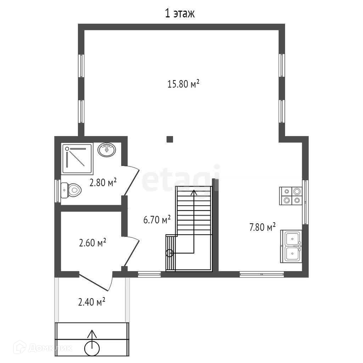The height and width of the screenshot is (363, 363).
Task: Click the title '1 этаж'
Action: (x=180, y=13)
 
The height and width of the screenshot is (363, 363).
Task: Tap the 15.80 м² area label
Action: (x=183, y=84)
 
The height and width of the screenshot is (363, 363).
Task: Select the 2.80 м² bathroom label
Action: (x=103, y=183)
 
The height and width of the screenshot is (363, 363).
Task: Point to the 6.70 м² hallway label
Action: (x=157, y=219)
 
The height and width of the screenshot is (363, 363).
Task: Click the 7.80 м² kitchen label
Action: (x=262, y=227)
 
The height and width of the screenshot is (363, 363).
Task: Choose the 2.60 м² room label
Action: (x=93, y=242)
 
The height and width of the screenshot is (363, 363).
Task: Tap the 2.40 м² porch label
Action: (x=92, y=302)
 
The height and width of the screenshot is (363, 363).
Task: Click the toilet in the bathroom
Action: (x=71, y=190)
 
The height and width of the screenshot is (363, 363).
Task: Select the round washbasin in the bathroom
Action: (x=106, y=150)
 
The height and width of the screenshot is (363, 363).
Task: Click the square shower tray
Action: (x=77, y=159)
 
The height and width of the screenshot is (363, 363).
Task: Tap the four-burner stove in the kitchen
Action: (x=291, y=196)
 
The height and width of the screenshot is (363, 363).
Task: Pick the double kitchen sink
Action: (x=291, y=246)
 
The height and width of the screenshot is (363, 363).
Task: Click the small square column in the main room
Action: (x=170, y=139)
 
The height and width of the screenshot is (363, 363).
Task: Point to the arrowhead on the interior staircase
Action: (x=194, y=192)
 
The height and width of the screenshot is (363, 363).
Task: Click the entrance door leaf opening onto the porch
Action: (x=94, y=283)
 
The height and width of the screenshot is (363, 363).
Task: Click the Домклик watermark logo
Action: (x=43, y=347)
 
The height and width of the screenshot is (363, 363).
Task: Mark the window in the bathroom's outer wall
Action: (x=57, y=191)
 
